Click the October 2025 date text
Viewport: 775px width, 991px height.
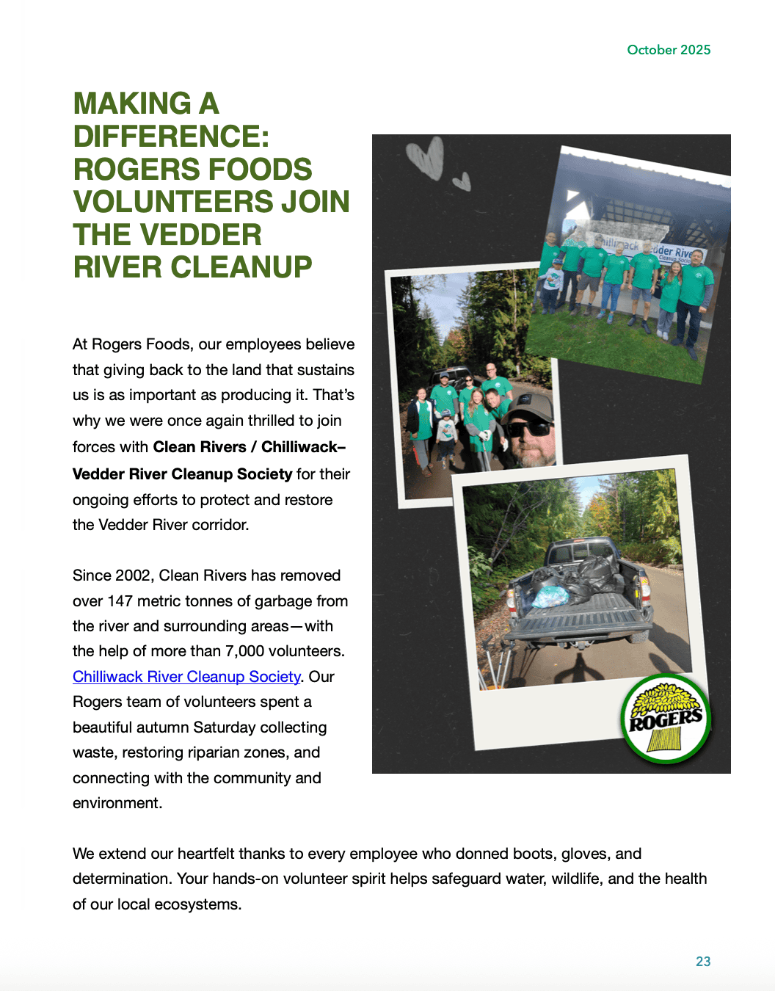[x=669, y=50]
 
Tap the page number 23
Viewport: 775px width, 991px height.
[x=703, y=962]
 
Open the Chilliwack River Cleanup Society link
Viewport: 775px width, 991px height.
[x=186, y=677]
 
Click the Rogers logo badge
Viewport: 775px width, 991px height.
[x=666, y=719]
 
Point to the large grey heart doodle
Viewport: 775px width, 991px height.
[x=426, y=156]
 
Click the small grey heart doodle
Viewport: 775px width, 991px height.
[x=462, y=181]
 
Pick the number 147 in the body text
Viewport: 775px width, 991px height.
[x=120, y=601]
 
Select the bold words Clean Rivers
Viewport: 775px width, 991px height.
[x=200, y=447]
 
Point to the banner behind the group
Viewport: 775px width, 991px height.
[x=645, y=246]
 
